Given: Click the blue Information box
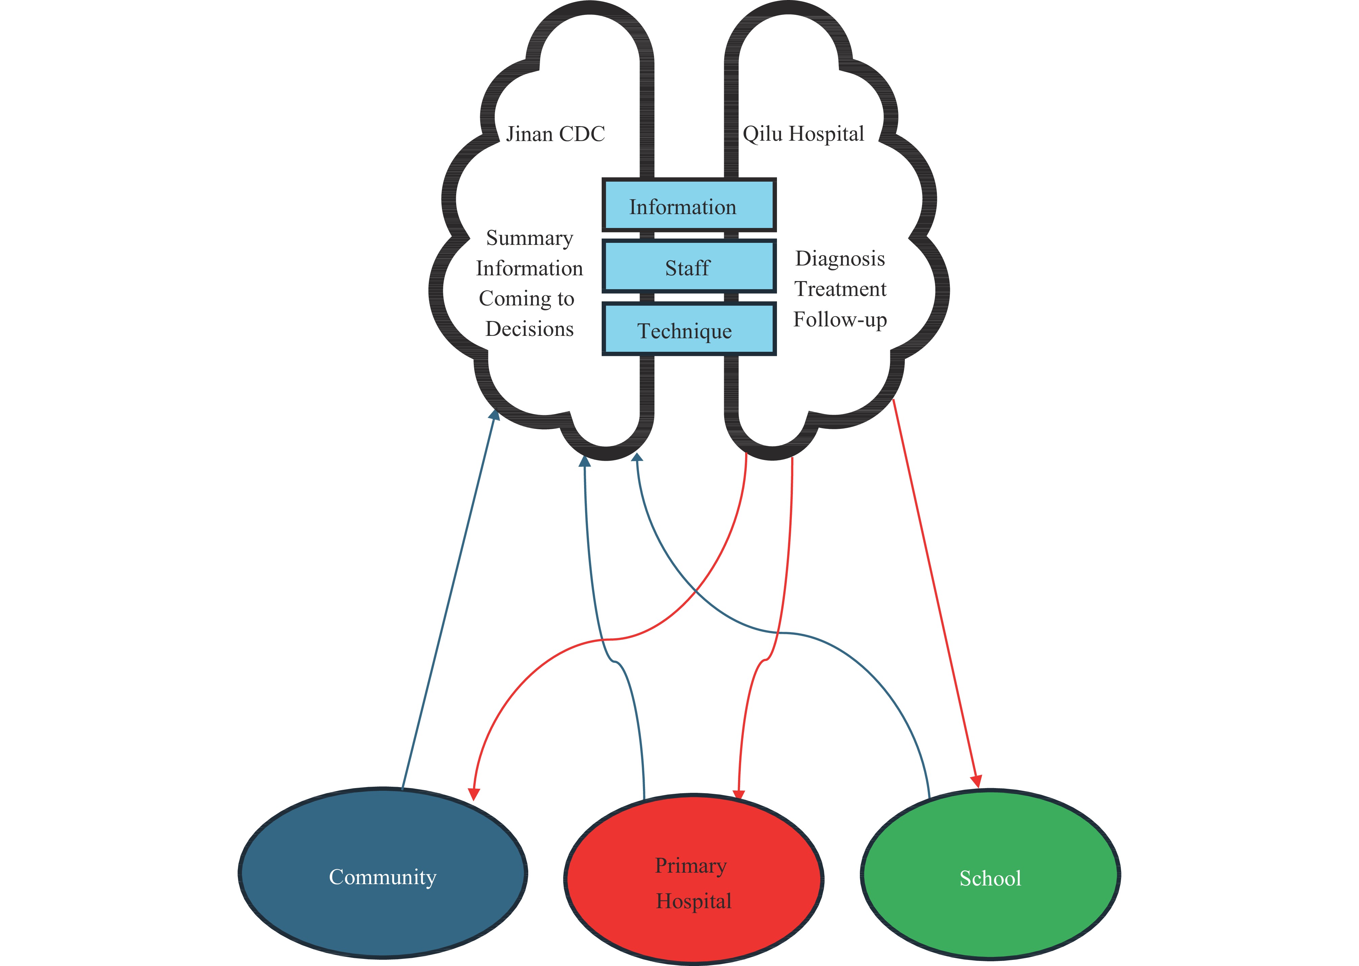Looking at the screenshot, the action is [x=689, y=205].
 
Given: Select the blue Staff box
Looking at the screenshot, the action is [x=689, y=267].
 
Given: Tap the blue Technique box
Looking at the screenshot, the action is [x=689, y=329].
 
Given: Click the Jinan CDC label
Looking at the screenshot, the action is [x=555, y=134].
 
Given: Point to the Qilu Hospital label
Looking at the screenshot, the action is [x=803, y=134].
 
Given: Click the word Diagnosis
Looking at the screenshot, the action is [x=840, y=259].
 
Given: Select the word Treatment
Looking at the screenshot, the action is [x=840, y=289].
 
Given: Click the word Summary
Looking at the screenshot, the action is [x=530, y=238].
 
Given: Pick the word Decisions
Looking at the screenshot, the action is [x=530, y=329].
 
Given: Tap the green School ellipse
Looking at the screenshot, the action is [x=990, y=874].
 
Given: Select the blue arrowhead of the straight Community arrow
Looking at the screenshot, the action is [x=494, y=415].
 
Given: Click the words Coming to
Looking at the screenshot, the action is [x=527, y=299].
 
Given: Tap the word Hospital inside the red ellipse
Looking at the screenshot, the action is [x=694, y=901].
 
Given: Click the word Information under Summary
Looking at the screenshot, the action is [x=530, y=268].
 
